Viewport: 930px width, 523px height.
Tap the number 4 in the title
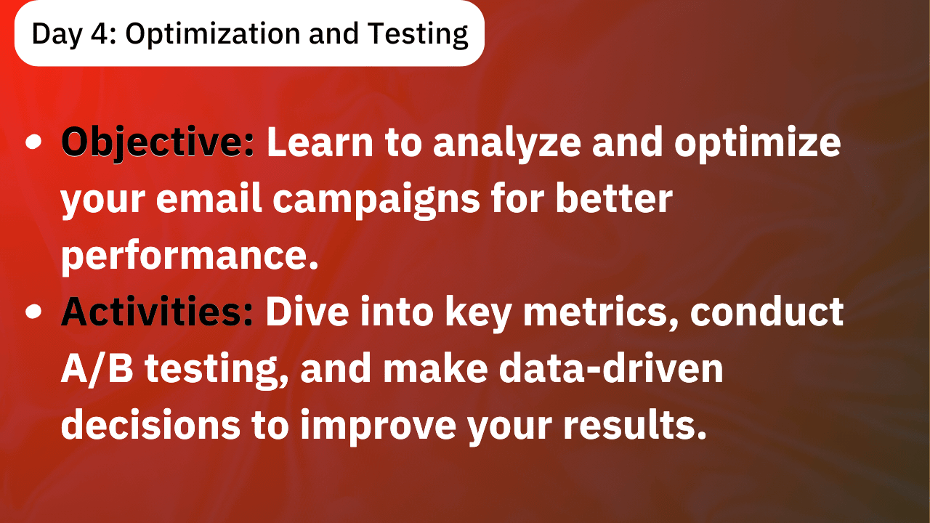click(x=99, y=33)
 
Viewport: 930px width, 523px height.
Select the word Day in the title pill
click(x=57, y=35)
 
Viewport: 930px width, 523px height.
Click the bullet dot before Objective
click(x=33, y=142)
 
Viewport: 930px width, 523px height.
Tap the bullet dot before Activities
click(x=33, y=312)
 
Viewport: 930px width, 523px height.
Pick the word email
click(x=209, y=198)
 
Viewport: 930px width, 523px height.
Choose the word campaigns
click(x=376, y=200)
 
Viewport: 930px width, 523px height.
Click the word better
click(x=614, y=198)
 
